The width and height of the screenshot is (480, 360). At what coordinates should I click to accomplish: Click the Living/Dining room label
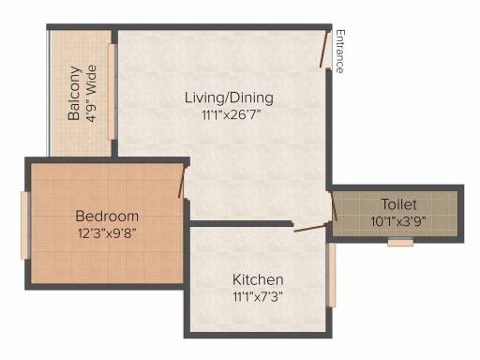coord(229,97)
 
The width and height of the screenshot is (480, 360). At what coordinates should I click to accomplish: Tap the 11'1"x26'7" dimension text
coord(232,115)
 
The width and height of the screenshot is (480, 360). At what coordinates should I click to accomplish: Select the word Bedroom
coord(107,216)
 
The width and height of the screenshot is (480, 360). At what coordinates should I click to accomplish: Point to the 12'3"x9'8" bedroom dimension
coord(107,233)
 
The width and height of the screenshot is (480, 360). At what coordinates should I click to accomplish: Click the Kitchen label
coord(258,279)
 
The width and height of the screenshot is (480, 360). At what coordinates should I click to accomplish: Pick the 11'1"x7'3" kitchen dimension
coord(258,296)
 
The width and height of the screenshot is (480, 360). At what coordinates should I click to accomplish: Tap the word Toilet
coord(399,204)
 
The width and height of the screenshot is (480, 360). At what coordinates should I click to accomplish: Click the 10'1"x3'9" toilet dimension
coord(398,221)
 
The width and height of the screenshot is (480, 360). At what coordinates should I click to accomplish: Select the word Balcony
coord(74,93)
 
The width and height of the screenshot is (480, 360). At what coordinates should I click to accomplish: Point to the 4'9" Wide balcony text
coord(91,93)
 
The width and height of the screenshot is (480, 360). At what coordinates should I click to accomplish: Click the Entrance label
coord(340,52)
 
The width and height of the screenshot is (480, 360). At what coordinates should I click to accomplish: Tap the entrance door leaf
coord(324,49)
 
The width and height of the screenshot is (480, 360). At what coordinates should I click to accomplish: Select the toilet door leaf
coord(334,207)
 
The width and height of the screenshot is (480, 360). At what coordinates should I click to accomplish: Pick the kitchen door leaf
coord(309,229)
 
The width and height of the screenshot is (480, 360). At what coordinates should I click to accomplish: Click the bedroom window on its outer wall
coord(25,225)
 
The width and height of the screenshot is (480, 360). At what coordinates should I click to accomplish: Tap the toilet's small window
coord(400,242)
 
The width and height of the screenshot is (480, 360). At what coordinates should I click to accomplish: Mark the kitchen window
coord(332,275)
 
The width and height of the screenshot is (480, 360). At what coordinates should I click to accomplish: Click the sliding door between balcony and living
coord(112,91)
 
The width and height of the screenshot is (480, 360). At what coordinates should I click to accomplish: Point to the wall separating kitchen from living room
coord(241,223)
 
